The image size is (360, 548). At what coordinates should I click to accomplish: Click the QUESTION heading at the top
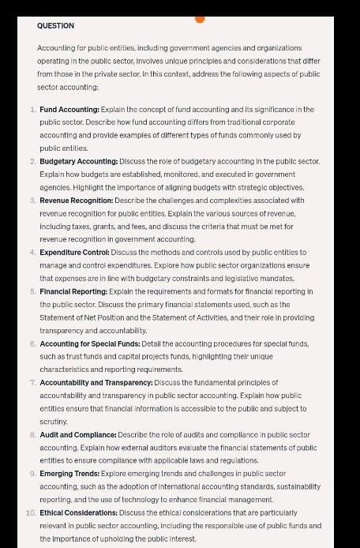click(55, 25)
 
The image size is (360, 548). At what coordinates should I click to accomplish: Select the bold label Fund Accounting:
click(69, 109)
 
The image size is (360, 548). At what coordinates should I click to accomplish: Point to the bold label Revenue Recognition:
click(76, 201)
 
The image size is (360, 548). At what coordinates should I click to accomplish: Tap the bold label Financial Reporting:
click(72, 291)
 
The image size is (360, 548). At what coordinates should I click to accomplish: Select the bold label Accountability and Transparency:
click(96, 382)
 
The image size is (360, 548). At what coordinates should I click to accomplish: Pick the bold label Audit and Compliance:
click(77, 434)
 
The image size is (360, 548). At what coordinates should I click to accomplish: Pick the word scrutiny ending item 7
click(54, 422)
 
